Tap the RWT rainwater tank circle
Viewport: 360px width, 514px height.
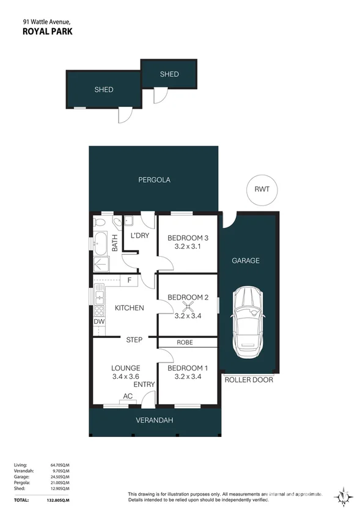(x=262, y=189)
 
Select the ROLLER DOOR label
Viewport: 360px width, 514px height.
(x=249, y=380)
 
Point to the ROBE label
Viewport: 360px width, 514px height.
(x=185, y=342)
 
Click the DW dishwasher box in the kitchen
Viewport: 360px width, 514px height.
(x=98, y=322)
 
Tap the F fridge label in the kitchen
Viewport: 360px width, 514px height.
(x=130, y=281)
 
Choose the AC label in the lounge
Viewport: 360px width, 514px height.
(x=128, y=396)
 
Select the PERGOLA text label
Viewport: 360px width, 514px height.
(x=153, y=180)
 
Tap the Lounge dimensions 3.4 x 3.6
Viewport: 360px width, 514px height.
(x=126, y=377)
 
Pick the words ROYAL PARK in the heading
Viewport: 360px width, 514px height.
(x=47, y=31)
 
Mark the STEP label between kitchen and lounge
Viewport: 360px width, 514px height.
(x=134, y=340)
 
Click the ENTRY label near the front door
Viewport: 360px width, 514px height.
(x=144, y=384)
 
